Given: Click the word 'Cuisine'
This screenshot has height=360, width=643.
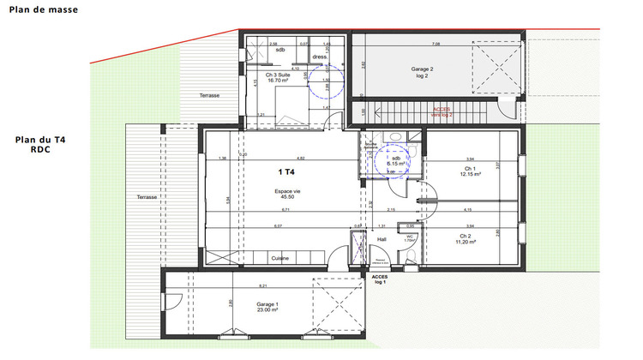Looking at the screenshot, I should pos(279,258).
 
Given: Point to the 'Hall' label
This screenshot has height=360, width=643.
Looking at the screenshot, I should pos(382,239).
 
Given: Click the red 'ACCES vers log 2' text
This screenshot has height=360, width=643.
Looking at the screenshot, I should pos(442,111).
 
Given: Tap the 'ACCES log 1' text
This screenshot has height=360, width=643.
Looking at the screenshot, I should pos(380,279).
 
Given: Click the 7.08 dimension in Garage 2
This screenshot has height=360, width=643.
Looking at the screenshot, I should pos(436,43).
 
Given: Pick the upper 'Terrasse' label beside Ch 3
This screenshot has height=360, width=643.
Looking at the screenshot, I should pos(209,95).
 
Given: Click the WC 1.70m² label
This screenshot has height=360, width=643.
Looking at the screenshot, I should pos(410,241).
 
